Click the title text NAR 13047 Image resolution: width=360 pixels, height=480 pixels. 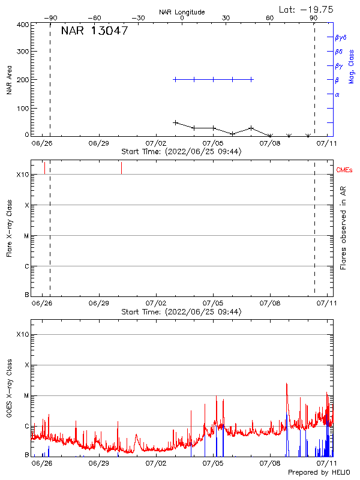(x=94, y=31)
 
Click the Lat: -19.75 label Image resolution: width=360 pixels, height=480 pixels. (x=307, y=9)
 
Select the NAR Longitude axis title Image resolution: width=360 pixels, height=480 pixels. (x=182, y=12)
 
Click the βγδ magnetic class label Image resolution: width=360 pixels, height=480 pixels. (x=340, y=37)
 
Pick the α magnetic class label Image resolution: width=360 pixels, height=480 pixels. (x=337, y=94)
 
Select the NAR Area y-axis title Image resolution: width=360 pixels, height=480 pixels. (x=9, y=80)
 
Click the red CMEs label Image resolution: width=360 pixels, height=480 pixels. (x=345, y=171)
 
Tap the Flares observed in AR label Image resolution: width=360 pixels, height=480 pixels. (x=343, y=228)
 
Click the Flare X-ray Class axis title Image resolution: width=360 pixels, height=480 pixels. (x=9, y=228)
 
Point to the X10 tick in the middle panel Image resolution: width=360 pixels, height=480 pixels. (x=23, y=175)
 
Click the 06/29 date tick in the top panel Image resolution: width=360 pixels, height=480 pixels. (x=99, y=144)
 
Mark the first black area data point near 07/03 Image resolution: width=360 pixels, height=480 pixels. (x=175, y=122)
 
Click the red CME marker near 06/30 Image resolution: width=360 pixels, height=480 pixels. (x=121, y=167)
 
